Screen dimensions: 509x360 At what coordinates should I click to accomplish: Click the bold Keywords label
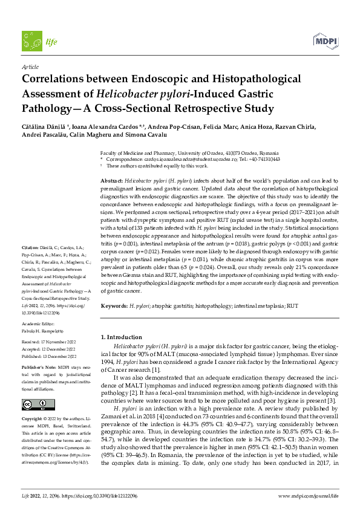tap(114, 307)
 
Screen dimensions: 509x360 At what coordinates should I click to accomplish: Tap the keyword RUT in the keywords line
tap(293, 307)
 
